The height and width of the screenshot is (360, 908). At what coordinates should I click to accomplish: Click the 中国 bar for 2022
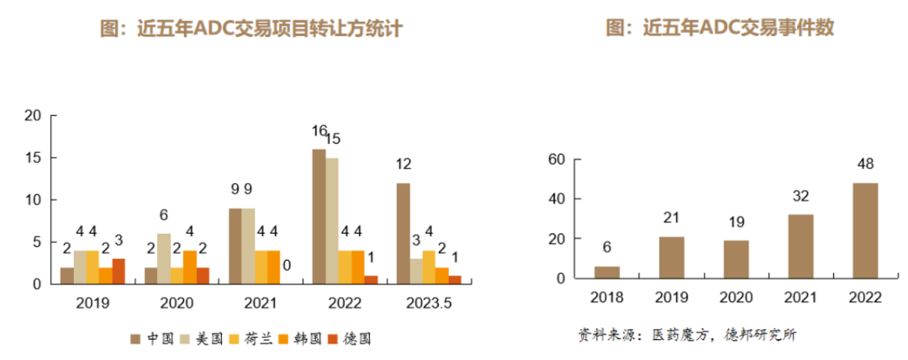pyautogui.click(x=319, y=216)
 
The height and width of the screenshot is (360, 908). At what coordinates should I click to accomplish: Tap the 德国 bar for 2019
pyautogui.click(x=119, y=271)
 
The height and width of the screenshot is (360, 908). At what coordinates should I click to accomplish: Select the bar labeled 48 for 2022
pyautogui.click(x=865, y=230)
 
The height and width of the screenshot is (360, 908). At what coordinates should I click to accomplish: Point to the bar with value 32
pyautogui.click(x=800, y=246)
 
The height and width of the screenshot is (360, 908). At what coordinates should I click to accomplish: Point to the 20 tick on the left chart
pyautogui.click(x=33, y=116)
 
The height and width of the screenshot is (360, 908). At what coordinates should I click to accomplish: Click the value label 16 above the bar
pyautogui.click(x=319, y=130)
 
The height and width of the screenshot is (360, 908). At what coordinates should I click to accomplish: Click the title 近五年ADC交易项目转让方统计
pyautogui.click(x=251, y=29)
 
